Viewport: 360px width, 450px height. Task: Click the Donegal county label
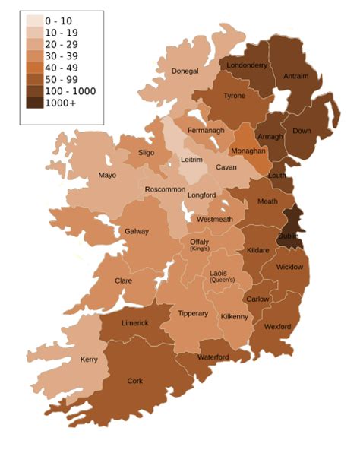pyautogui.click(x=185, y=71)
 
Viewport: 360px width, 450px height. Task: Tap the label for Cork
pyautogui.click(x=135, y=381)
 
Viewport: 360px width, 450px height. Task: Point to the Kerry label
pyautogui.click(x=88, y=360)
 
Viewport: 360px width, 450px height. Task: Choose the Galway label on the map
pyautogui.click(x=137, y=231)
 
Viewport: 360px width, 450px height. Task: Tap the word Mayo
pyautogui.click(x=108, y=176)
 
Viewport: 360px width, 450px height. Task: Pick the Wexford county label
pyautogui.click(x=277, y=327)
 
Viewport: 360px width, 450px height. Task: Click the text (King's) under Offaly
pyautogui.click(x=199, y=249)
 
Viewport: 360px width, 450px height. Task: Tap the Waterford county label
pyautogui.click(x=213, y=357)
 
